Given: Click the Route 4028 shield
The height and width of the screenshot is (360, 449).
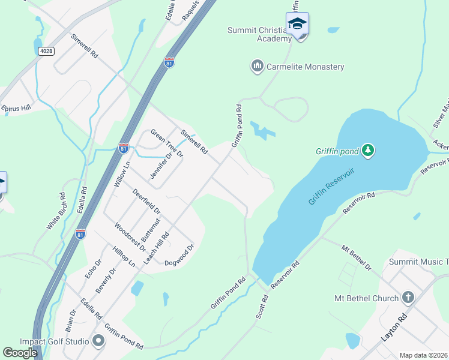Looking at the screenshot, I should click(45, 51).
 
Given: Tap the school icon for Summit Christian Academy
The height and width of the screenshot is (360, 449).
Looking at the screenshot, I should click(297, 24).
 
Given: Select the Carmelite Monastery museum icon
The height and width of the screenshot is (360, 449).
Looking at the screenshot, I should click(258, 65).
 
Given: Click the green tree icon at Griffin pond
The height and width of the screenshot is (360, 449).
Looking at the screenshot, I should click(368, 150).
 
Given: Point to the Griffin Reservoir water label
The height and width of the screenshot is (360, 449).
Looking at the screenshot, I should click(332, 186).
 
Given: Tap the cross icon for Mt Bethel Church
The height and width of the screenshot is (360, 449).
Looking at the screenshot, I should click(408, 297).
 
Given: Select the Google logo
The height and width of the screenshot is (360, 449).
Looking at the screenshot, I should click(20, 352).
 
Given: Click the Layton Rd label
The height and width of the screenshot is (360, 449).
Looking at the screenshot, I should click(394, 328).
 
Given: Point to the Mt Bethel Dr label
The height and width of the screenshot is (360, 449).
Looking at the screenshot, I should click(357, 257).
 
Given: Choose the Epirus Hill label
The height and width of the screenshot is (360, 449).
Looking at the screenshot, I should click(16, 109).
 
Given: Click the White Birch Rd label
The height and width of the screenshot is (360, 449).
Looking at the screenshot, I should click(56, 211).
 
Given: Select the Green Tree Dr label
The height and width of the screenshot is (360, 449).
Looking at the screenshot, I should click(166, 143).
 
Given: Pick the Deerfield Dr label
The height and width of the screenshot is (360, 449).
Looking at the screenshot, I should click(146, 202).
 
